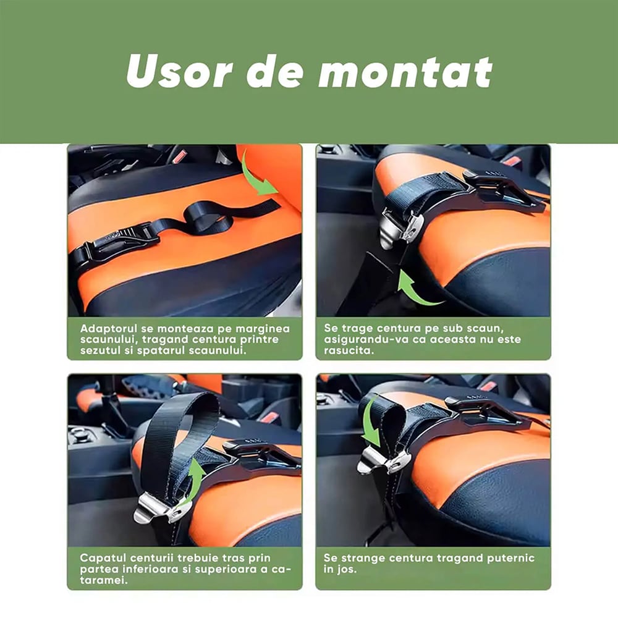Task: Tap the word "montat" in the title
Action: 406,72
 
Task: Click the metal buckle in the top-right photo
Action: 401,230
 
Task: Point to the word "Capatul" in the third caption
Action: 103,559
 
